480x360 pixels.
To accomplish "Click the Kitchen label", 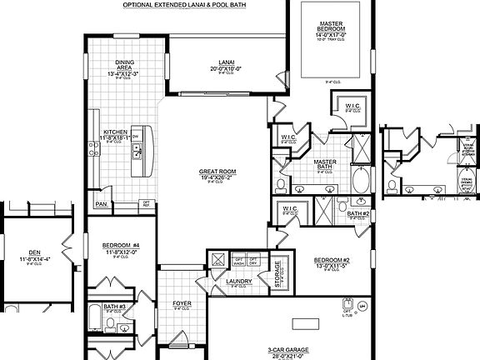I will tap(114, 132).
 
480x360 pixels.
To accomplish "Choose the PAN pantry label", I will tap(102, 203).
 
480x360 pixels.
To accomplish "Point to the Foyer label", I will tap(182, 302).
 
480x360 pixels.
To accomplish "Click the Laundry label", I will tap(239, 282).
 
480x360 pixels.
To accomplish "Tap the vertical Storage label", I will tap(278, 272).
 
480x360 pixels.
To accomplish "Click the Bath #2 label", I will tap(357, 213).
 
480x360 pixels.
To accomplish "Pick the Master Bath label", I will tap(324, 165).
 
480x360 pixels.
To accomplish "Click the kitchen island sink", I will tap(138, 152).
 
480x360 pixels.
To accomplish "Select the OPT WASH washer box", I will tap(237, 261).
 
